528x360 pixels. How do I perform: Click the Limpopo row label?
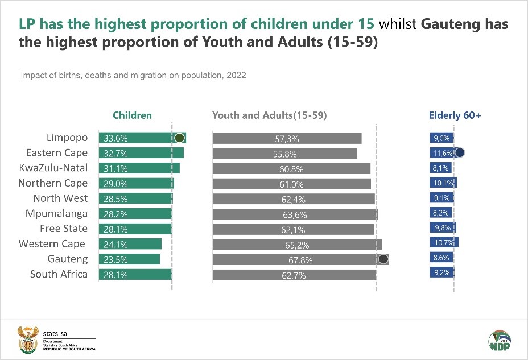(67, 138)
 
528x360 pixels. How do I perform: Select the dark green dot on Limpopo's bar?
(179, 138)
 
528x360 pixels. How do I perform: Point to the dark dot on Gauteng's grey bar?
(383, 259)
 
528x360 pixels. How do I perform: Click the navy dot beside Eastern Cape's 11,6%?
(460, 152)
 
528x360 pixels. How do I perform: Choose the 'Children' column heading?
(132, 115)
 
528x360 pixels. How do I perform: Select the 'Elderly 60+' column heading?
(455, 115)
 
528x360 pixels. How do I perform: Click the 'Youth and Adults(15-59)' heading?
(269, 115)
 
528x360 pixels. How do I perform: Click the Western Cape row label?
(52, 244)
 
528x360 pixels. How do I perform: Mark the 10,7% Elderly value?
(442, 244)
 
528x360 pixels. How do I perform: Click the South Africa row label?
(59, 274)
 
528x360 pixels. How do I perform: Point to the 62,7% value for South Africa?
(294, 275)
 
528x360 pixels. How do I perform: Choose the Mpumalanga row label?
(56, 214)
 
